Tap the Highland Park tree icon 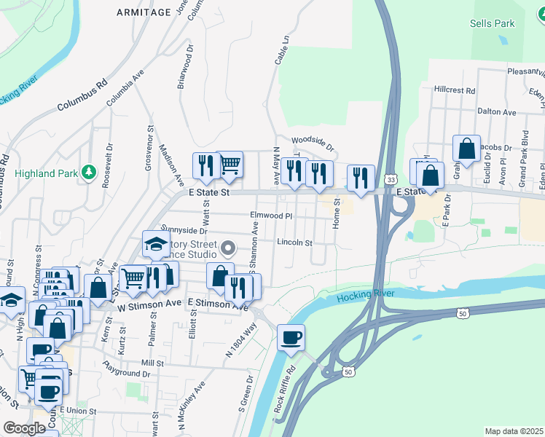(89, 172)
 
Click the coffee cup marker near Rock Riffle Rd (291, 338)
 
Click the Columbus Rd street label (84, 95)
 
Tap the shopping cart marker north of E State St (230, 165)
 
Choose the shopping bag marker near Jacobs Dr (466, 149)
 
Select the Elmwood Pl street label (270, 216)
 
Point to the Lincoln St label (294, 243)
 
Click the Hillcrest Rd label (454, 91)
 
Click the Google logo (24, 428)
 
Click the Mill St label (152, 362)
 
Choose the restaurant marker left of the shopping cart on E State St (206, 166)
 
